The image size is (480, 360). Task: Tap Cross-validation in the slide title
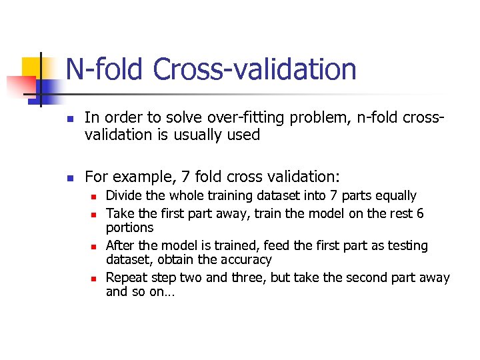pos(255,69)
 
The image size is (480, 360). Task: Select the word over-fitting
pos(254,118)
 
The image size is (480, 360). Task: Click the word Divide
pos(122,196)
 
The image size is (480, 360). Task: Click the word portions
pos(129,227)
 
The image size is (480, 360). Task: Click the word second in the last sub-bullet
pos(349,277)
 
